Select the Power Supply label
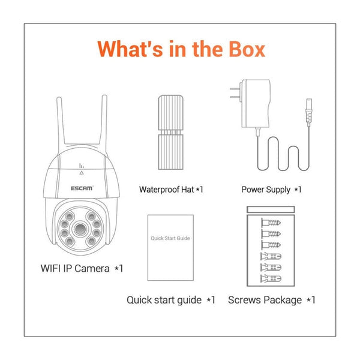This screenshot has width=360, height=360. [271, 190]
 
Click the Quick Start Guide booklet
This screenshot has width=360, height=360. [170, 247]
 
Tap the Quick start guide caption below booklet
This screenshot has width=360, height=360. [170, 299]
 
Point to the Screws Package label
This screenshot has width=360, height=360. [271, 299]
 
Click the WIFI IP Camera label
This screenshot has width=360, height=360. [77, 268]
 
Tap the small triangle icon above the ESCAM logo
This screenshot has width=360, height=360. [81, 170]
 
